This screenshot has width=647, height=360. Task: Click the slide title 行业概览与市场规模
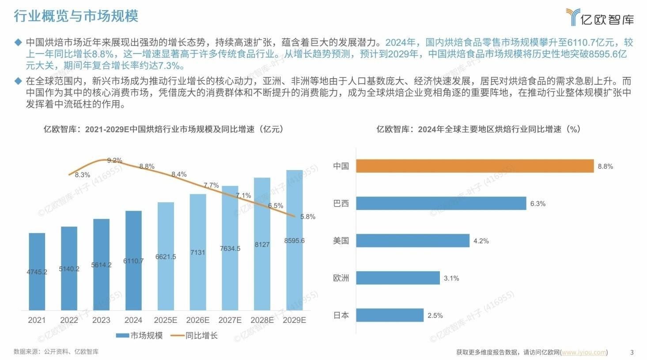click(x=76, y=16)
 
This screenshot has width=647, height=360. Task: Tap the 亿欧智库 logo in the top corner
click(x=600, y=18)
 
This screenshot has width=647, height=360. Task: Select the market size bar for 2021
click(x=37, y=271)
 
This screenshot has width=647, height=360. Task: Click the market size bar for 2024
click(x=133, y=260)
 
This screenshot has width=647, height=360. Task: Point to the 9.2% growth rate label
click(x=115, y=160)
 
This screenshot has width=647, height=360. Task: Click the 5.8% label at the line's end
click(x=308, y=217)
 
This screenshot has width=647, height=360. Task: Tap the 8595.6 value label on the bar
click(x=295, y=241)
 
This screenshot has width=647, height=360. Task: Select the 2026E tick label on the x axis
click(x=198, y=320)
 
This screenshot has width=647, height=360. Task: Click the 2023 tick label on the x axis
click(x=101, y=320)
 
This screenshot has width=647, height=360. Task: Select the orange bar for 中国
click(x=475, y=166)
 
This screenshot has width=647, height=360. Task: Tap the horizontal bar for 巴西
click(x=441, y=203)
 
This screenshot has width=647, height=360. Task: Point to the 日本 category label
click(x=341, y=315)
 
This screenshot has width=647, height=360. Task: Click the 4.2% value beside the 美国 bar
click(x=481, y=241)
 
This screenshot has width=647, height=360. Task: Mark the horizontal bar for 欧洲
click(x=398, y=278)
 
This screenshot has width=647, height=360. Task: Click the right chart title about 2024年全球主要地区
click(x=478, y=129)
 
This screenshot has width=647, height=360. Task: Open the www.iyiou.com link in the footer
click(x=584, y=352)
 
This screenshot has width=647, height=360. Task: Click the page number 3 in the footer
click(x=632, y=352)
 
